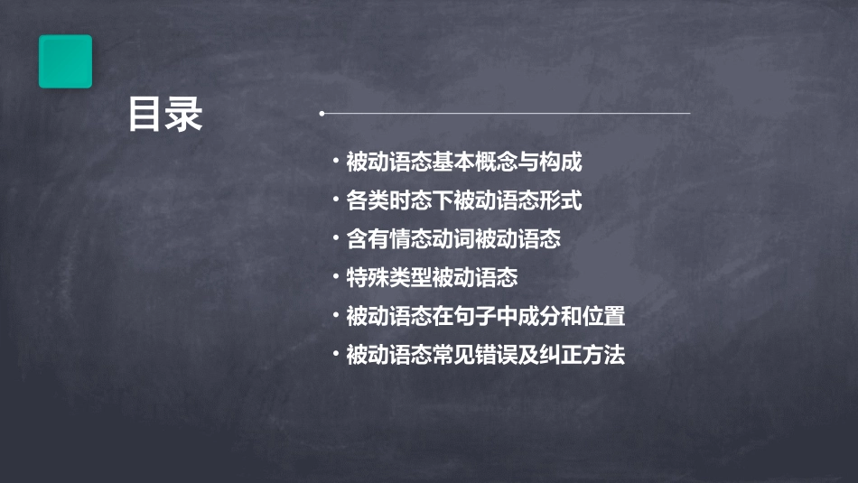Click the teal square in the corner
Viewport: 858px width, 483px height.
(65, 61)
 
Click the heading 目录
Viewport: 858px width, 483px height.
(165, 115)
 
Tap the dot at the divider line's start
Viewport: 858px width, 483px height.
(322, 114)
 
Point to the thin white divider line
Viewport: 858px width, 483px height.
(506, 114)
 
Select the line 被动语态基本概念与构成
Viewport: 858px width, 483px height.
(463, 163)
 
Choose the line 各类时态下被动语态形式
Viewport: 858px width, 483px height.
(463, 200)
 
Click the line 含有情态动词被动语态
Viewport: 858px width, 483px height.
(452, 239)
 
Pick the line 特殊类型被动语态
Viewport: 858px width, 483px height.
(432, 278)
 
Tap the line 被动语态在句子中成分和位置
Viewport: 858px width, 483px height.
(485, 316)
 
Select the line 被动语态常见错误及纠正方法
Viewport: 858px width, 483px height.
(485, 355)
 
